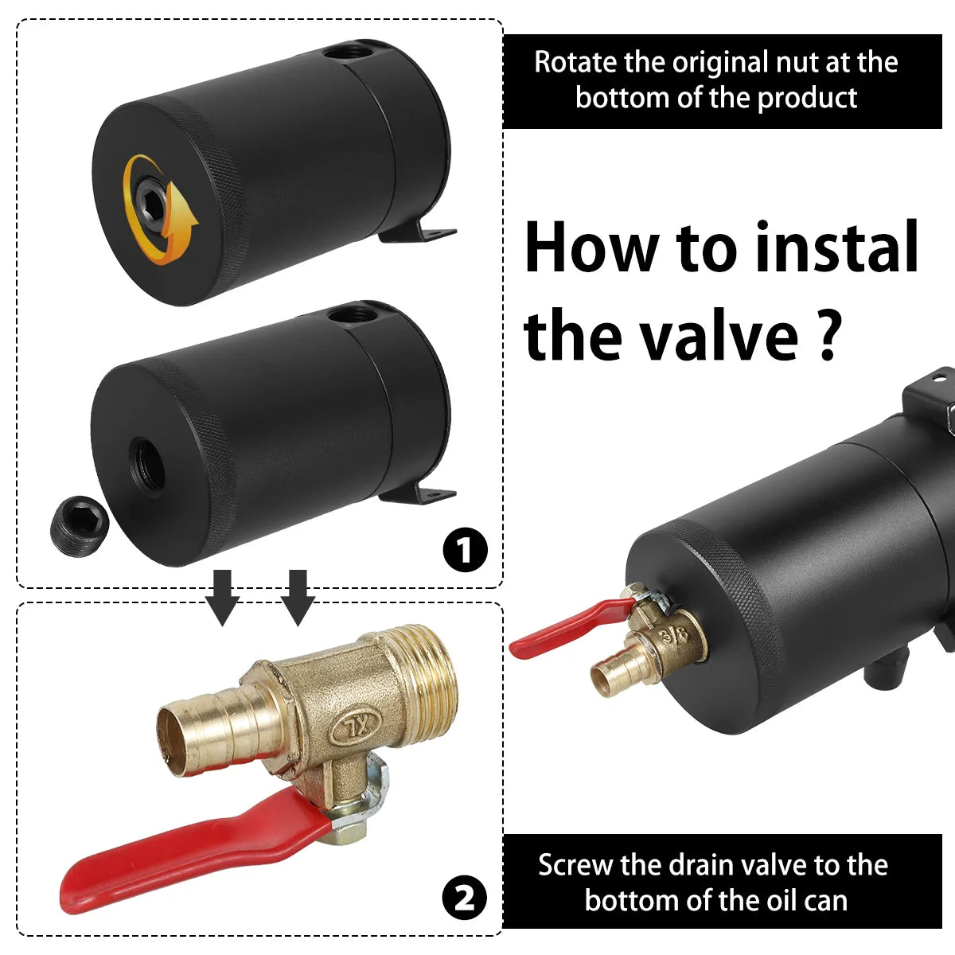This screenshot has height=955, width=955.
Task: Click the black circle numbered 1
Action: click(464, 549)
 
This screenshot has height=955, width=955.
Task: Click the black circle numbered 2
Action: click(464, 898)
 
